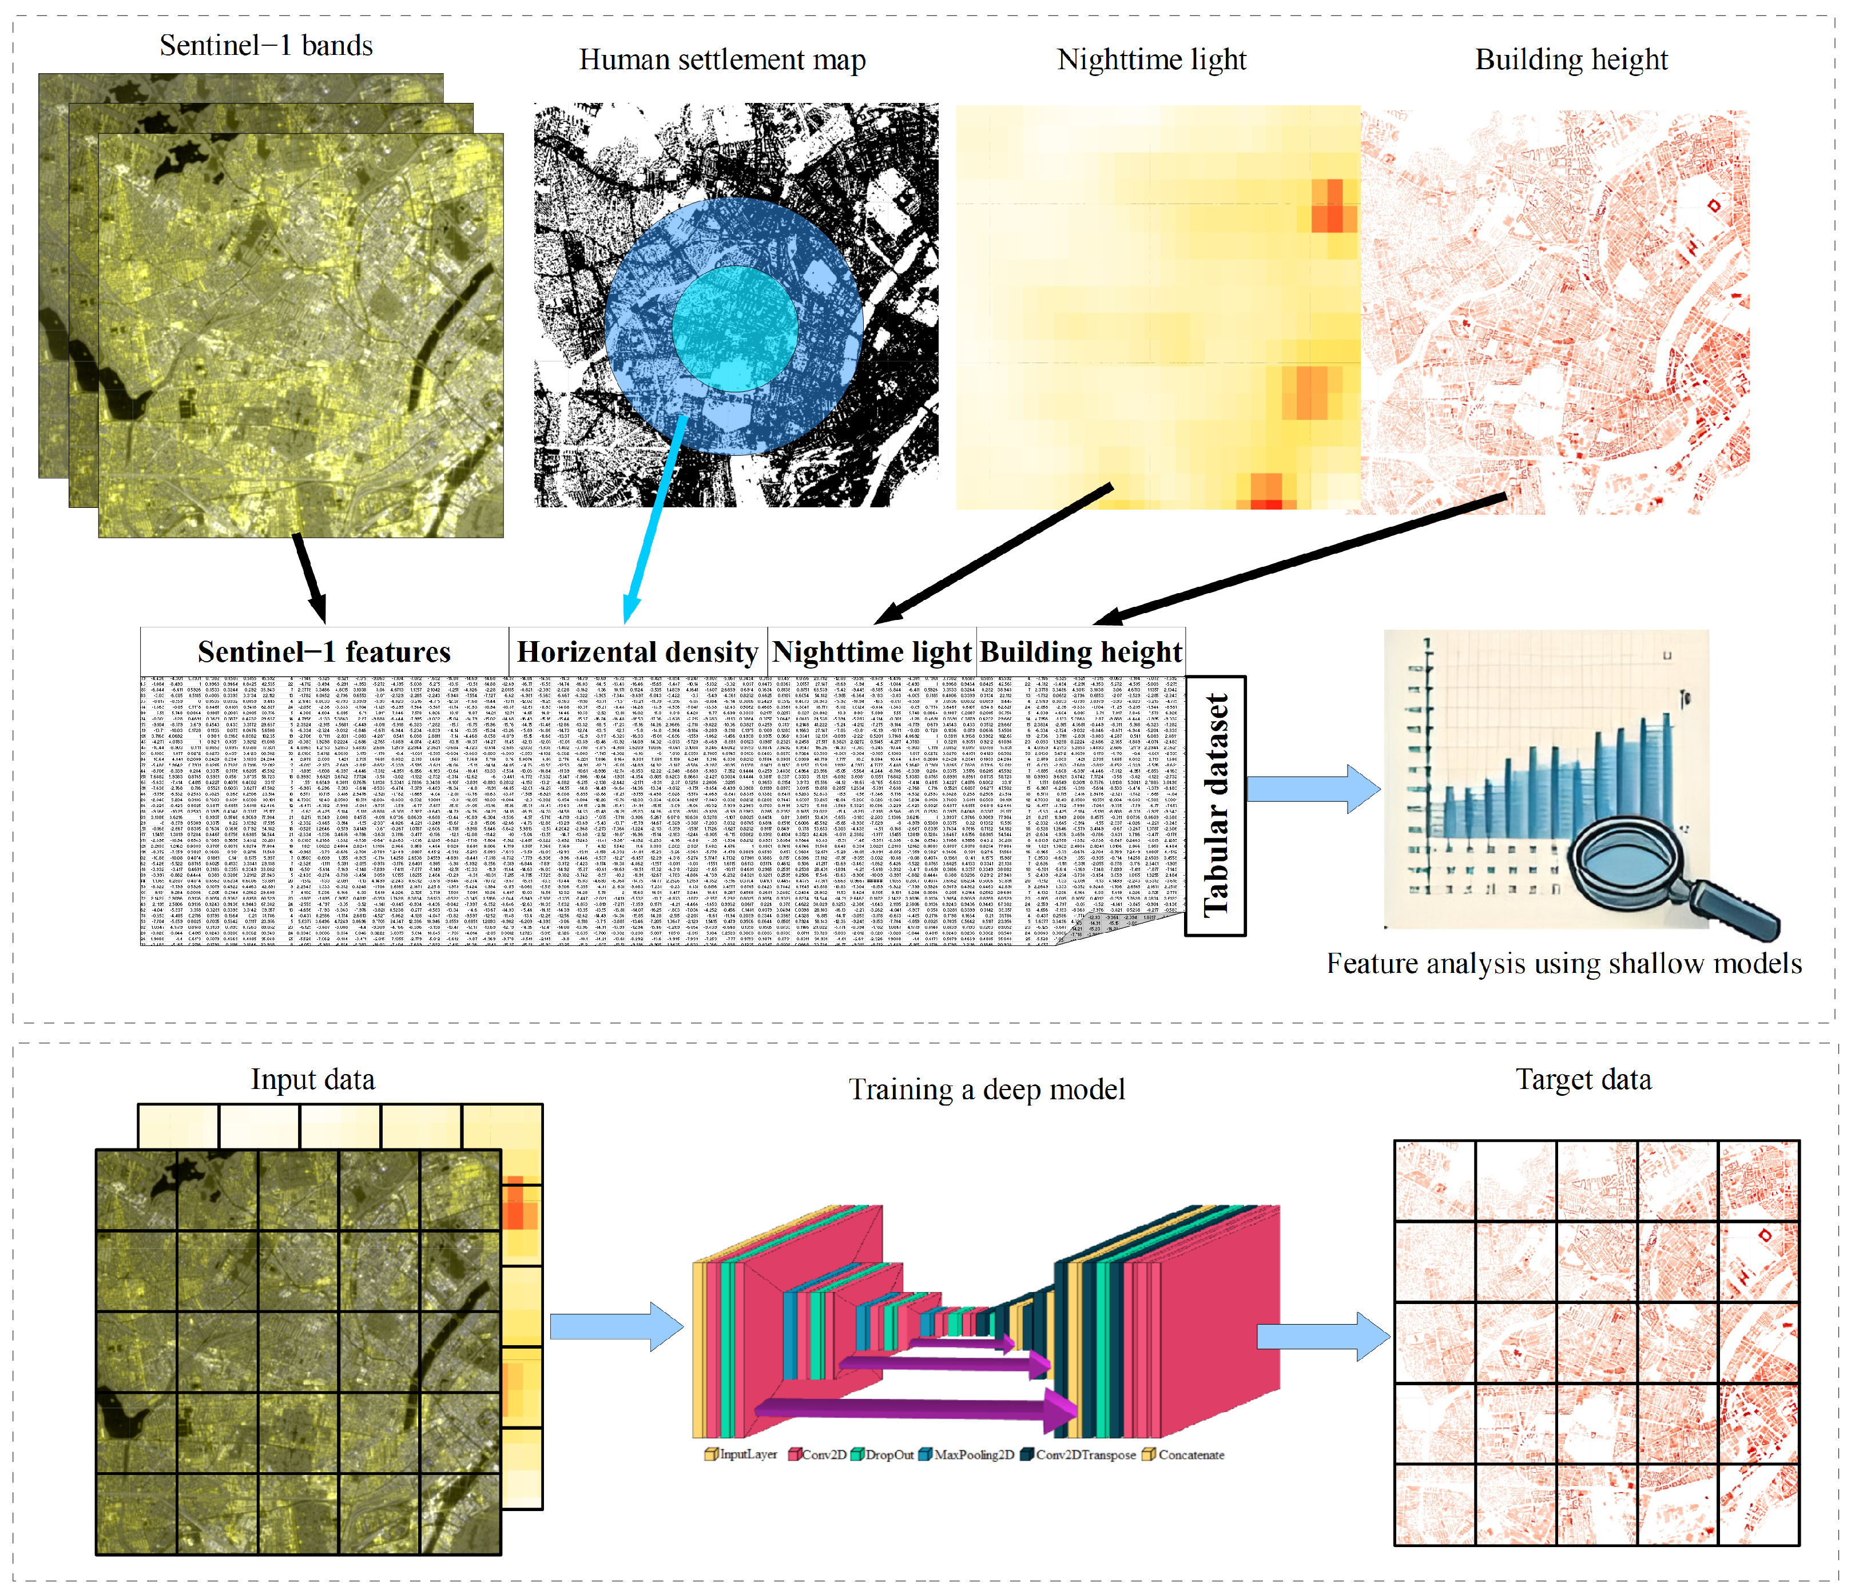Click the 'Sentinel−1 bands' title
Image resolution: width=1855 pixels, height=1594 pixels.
(266, 46)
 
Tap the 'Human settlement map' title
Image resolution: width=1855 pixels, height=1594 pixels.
(722, 60)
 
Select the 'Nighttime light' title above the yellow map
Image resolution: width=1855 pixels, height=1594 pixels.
(1151, 60)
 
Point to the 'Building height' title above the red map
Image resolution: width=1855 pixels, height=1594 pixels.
(1571, 60)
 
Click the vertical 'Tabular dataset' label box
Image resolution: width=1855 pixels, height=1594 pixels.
(1215, 805)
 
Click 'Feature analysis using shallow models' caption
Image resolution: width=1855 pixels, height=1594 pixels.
(1564, 964)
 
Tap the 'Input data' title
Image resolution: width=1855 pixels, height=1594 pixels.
(312, 1079)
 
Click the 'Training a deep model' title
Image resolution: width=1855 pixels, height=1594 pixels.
(987, 1089)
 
